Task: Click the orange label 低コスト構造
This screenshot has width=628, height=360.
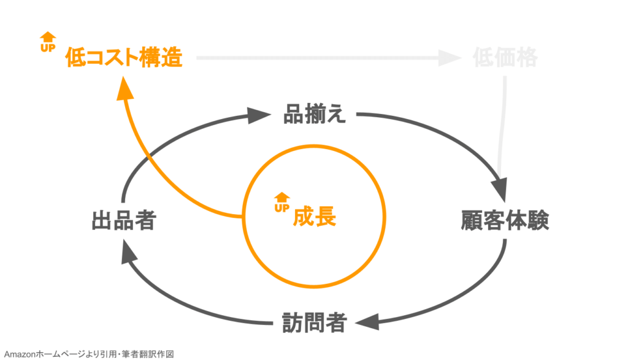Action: click(x=124, y=58)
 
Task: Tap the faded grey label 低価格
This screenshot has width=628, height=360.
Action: click(x=505, y=58)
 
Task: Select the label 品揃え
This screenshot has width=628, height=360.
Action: click(x=315, y=114)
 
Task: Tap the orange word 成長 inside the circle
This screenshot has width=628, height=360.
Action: click(x=315, y=216)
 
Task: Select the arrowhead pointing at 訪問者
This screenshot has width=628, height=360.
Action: click(x=372, y=321)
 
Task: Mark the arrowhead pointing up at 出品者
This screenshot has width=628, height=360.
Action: click(x=125, y=249)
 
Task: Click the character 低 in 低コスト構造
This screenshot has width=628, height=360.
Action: click(x=75, y=58)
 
